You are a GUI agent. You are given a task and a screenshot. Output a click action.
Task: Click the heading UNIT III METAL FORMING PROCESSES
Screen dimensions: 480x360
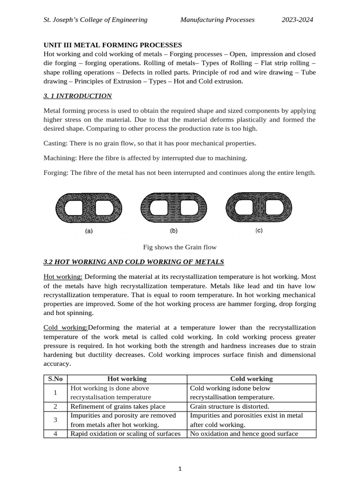112,45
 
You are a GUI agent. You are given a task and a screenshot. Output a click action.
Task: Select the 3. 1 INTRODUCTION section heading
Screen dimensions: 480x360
77,96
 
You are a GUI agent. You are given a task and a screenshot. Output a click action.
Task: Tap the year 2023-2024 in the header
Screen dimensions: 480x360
297,20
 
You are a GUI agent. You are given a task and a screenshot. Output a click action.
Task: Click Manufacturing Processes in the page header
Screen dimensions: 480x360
217,20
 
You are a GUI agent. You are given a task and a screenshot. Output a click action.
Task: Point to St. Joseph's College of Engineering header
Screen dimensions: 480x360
95,20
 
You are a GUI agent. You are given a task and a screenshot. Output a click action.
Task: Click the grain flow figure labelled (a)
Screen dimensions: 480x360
89,208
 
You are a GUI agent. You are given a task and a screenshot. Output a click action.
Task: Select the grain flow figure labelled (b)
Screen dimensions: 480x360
173,208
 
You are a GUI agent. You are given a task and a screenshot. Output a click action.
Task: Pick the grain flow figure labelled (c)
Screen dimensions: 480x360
259,208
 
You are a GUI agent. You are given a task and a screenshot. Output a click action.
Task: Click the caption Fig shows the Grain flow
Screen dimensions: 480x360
180,247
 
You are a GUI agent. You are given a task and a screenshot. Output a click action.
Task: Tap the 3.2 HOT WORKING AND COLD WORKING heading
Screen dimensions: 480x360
134,262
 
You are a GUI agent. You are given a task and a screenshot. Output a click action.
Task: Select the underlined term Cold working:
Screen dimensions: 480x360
65,327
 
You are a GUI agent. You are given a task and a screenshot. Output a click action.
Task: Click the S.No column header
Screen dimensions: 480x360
56,379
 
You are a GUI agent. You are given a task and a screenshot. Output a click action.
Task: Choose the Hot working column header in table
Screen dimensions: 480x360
127,379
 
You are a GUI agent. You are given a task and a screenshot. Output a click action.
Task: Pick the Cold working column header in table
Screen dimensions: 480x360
251,379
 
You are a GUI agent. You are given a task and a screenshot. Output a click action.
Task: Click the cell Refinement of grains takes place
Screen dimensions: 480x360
118,406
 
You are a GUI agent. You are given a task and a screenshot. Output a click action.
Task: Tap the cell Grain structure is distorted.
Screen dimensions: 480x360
229,406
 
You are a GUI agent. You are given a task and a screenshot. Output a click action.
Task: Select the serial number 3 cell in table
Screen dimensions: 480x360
55,420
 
